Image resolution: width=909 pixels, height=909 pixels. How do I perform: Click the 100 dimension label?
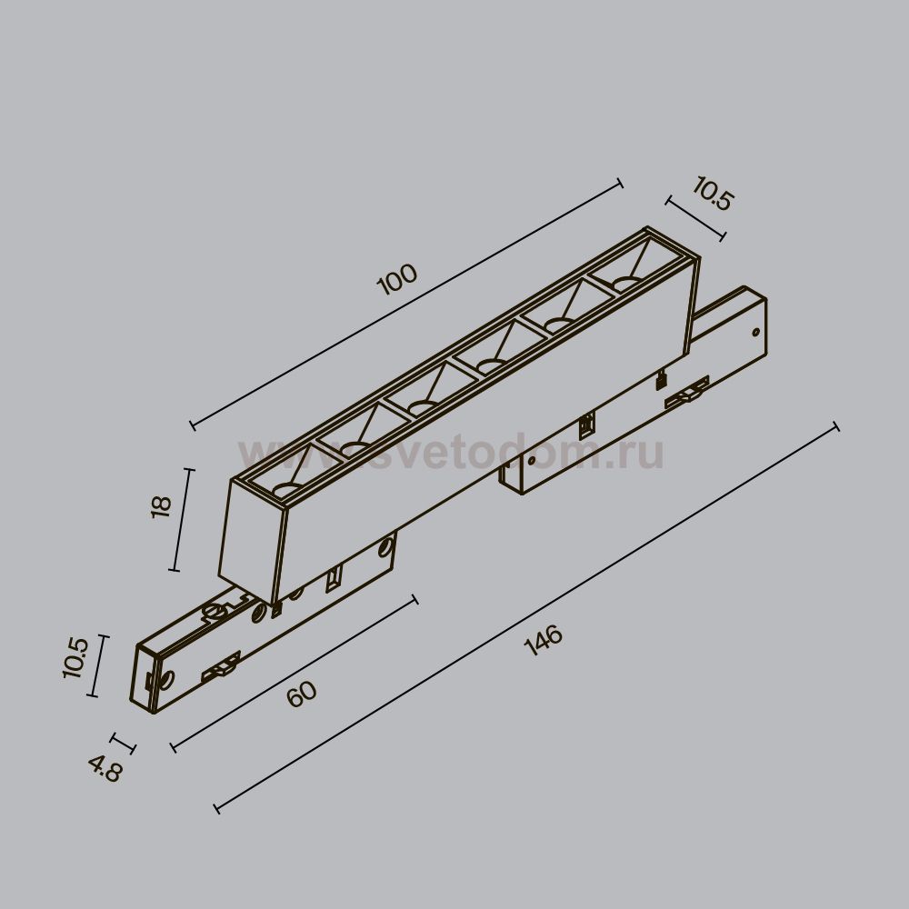click(397, 279)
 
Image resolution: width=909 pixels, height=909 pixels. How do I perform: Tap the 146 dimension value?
click(544, 639)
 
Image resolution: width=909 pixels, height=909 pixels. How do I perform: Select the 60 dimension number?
click(302, 694)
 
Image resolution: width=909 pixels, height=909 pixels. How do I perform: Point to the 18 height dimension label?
click(161, 507)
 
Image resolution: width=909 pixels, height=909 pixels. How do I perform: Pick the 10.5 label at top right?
click(713, 194)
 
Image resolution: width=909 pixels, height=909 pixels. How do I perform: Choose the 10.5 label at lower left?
click(75, 658)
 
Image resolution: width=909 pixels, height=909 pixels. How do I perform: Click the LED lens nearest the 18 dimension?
click(288, 489)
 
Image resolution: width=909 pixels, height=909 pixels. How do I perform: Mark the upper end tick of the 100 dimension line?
click(619, 184)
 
